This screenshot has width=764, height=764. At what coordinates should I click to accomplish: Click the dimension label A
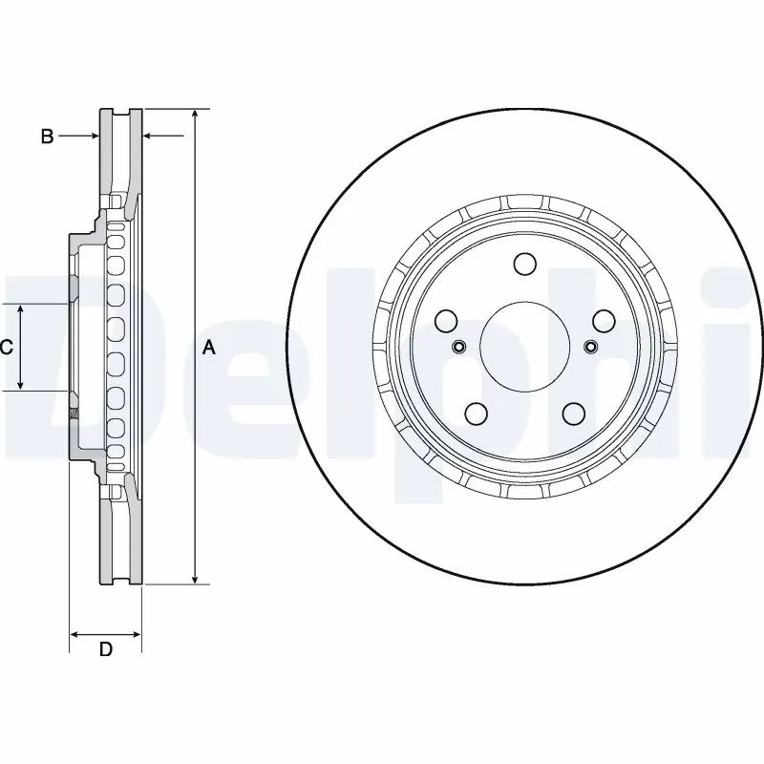pos(209,349)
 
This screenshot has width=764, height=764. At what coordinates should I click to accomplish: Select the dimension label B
pos(46,137)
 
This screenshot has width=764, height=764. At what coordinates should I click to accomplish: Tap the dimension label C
pos(6,348)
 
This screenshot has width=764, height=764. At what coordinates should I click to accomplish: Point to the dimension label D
pos(106,650)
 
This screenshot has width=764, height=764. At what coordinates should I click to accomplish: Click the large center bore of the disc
pos(522,346)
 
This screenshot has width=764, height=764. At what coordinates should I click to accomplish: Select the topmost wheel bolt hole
pos(523,264)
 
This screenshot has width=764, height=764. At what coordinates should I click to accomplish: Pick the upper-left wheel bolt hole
pos(446,321)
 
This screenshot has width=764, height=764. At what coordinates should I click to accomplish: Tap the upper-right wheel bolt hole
pos(602,321)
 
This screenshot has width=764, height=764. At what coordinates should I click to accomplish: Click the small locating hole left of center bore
pos(457,346)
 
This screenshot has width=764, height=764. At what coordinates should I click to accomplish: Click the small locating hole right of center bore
pos(589,346)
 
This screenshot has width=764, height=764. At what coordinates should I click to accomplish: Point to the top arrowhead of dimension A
pos(195,115)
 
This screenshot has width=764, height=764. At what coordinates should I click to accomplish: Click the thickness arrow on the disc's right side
pos(162,137)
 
